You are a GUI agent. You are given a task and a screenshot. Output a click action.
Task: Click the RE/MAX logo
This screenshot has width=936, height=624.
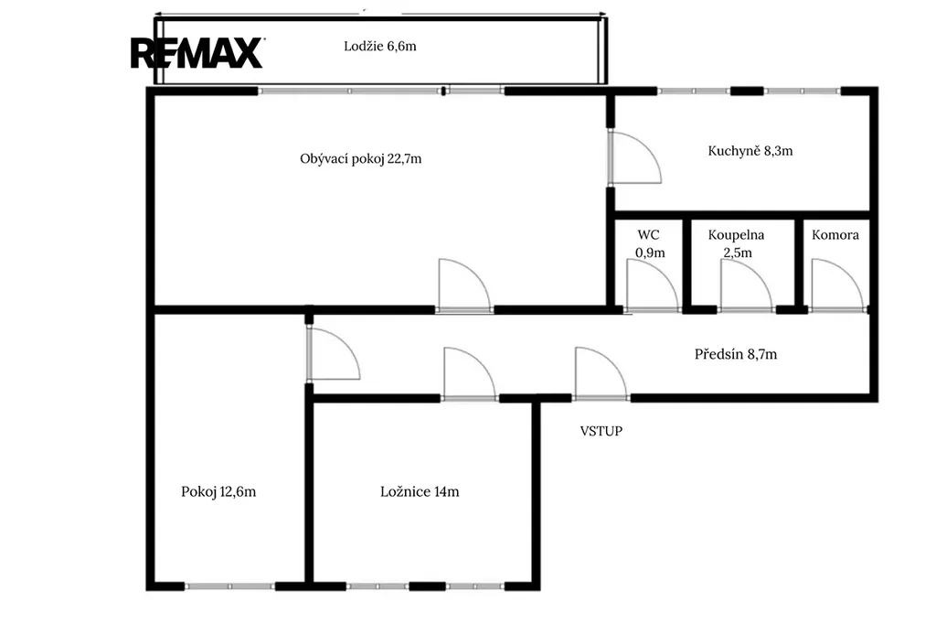[x=197, y=53]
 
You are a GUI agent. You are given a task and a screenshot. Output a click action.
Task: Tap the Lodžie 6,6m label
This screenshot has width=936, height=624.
[x=379, y=46]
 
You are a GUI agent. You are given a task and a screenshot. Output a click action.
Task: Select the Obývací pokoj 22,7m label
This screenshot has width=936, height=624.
[x=360, y=159]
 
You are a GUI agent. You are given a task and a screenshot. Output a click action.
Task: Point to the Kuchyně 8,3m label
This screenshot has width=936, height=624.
[x=750, y=151]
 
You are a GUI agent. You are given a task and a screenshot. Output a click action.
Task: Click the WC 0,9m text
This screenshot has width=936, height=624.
[x=650, y=244]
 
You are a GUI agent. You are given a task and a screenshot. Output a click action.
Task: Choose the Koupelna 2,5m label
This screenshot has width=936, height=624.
[x=736, y=244]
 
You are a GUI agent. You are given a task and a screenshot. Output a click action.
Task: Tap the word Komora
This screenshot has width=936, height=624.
[x=835, y=235]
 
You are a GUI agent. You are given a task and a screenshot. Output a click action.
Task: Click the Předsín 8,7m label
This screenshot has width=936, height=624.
[x=736, y=354]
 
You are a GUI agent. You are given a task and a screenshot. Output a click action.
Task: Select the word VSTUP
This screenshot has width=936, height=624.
[x=601, y=431]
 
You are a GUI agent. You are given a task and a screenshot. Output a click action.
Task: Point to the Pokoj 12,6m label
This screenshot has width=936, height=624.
[x=218, y=492]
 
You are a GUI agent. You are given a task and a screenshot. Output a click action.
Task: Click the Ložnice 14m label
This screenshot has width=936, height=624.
[x=420, y=492]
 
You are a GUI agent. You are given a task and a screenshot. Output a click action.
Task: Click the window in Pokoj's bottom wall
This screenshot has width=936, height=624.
[x=229, y=586]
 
